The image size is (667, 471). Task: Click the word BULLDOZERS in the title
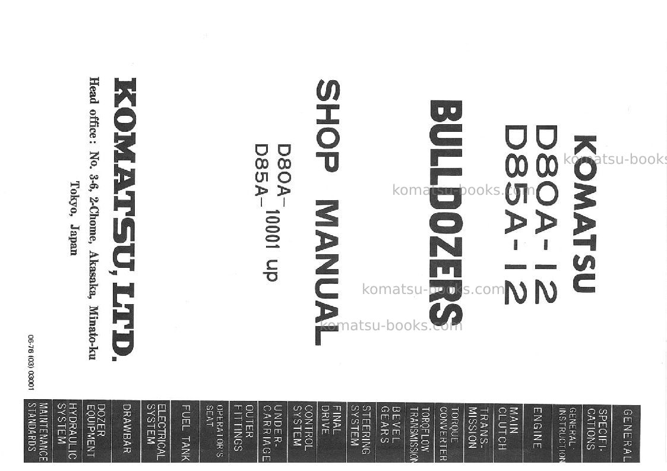click(445, 213)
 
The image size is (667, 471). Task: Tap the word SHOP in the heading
click(327, 126)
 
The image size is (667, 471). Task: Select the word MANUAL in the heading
click(327, 272)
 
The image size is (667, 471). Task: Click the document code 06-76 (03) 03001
click(31, 362)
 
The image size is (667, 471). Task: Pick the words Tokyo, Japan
click(74, 218)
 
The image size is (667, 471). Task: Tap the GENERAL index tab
click(626, 434)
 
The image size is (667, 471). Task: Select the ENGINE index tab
click(538, 433)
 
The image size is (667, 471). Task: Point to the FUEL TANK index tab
click(185, 431)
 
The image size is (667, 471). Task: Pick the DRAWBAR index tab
click(126, 431)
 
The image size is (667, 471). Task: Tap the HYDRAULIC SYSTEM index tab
click(67, 431)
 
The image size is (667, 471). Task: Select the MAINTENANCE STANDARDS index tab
click(38, 431)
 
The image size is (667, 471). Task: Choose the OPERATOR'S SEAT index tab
click(214, 431)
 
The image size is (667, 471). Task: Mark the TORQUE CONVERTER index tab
click(449, 433)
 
